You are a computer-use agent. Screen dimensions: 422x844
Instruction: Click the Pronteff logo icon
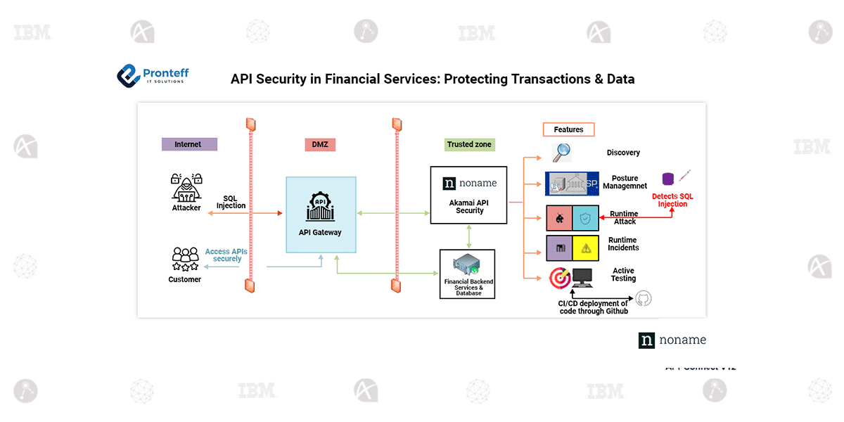pos(129,75)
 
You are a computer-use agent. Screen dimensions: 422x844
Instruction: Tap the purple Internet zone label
pos(188,144)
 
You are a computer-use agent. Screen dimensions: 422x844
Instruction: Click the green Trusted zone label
pos(469,144)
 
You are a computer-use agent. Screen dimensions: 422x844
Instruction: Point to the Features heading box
pos(568,129)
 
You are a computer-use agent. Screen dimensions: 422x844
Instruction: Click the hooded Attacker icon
pos(186,188)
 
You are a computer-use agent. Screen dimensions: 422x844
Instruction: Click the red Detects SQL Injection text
pos(672,200)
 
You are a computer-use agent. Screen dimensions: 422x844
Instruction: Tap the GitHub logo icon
pos(643,299)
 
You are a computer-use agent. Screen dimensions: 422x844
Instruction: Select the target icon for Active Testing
pos(560,278)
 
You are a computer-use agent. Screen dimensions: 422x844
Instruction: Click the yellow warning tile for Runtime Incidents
pos(585,248)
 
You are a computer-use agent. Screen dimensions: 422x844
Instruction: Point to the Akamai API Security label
pos(469,206)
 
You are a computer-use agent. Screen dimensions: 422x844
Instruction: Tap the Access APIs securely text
pos(226,255)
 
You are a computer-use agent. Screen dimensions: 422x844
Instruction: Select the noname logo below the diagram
pos(672,340)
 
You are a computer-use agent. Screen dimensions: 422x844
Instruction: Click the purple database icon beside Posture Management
pos(667,179)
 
